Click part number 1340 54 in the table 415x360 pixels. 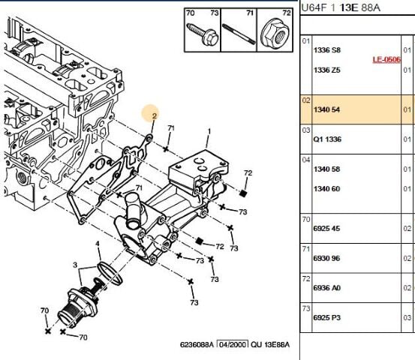(x=326, y=109)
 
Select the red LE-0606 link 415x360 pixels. (x=387, y=59)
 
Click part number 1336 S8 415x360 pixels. (x=326, y=49)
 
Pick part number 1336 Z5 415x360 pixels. (x=326, y=70)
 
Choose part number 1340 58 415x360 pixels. (x=326, y=169)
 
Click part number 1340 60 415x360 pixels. (x=326, y=188)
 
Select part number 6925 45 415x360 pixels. (x=326, y=228)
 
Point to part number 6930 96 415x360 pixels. (x=326, y=258)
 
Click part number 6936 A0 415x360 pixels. (x=326, y=288)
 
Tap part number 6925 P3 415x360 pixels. (x=326, y=318)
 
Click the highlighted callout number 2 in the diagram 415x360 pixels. (x=153, y=116)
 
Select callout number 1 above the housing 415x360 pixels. (x=209, y=132)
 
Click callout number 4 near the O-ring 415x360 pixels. (x=97, y=244)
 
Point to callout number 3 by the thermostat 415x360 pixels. (x=74, y=265)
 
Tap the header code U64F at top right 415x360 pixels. (x=313, y=7)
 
